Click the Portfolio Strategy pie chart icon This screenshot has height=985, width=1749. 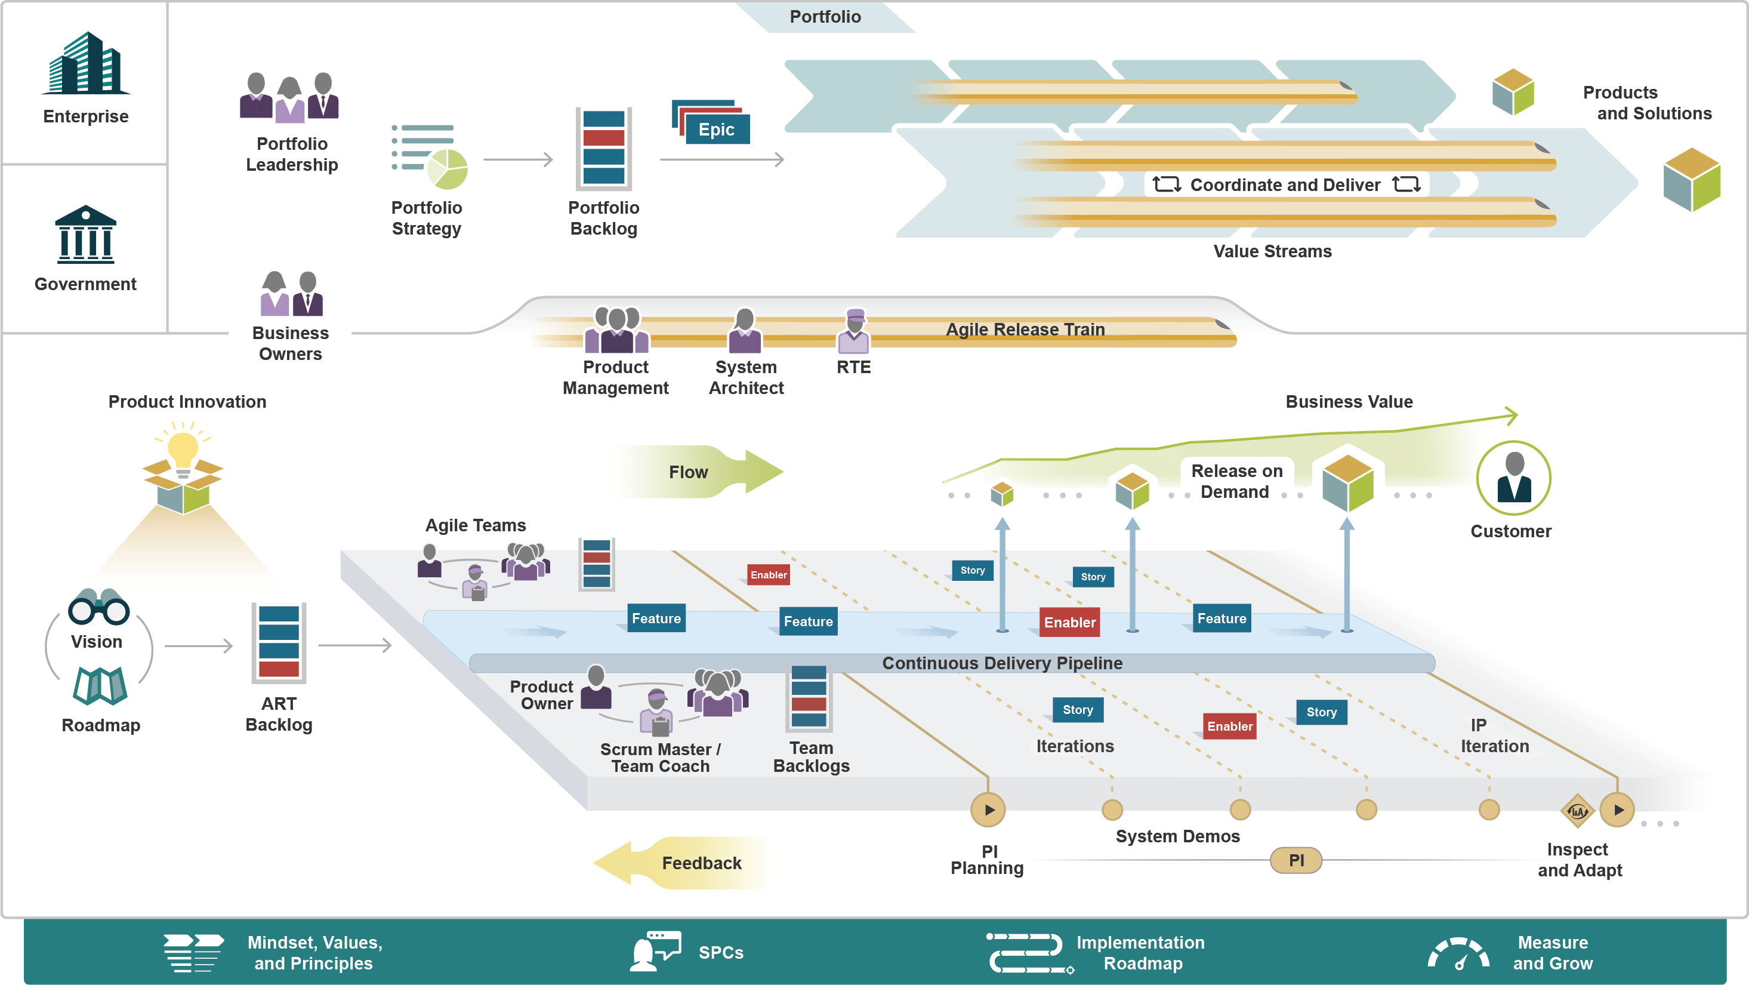[x=447, y=168]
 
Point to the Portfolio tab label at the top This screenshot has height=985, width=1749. [x=825, y=16]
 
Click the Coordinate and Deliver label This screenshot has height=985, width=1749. [x=1285, y=185]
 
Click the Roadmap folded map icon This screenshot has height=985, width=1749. [x=100, y=685]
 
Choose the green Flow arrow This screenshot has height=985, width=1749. [x=699, y=472]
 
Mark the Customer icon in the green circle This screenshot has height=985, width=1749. [x=1513, y=478]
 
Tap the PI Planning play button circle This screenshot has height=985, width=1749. [x=989, y=809]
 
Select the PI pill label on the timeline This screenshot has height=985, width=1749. [x=1296, y=861]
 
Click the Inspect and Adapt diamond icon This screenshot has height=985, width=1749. [x=1577, y=811]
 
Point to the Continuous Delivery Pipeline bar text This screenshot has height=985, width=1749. [x=1002, y=663]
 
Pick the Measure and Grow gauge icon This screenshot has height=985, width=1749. [x=1458, y=953]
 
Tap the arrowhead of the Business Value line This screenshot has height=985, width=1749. [x=1512, y=415]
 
